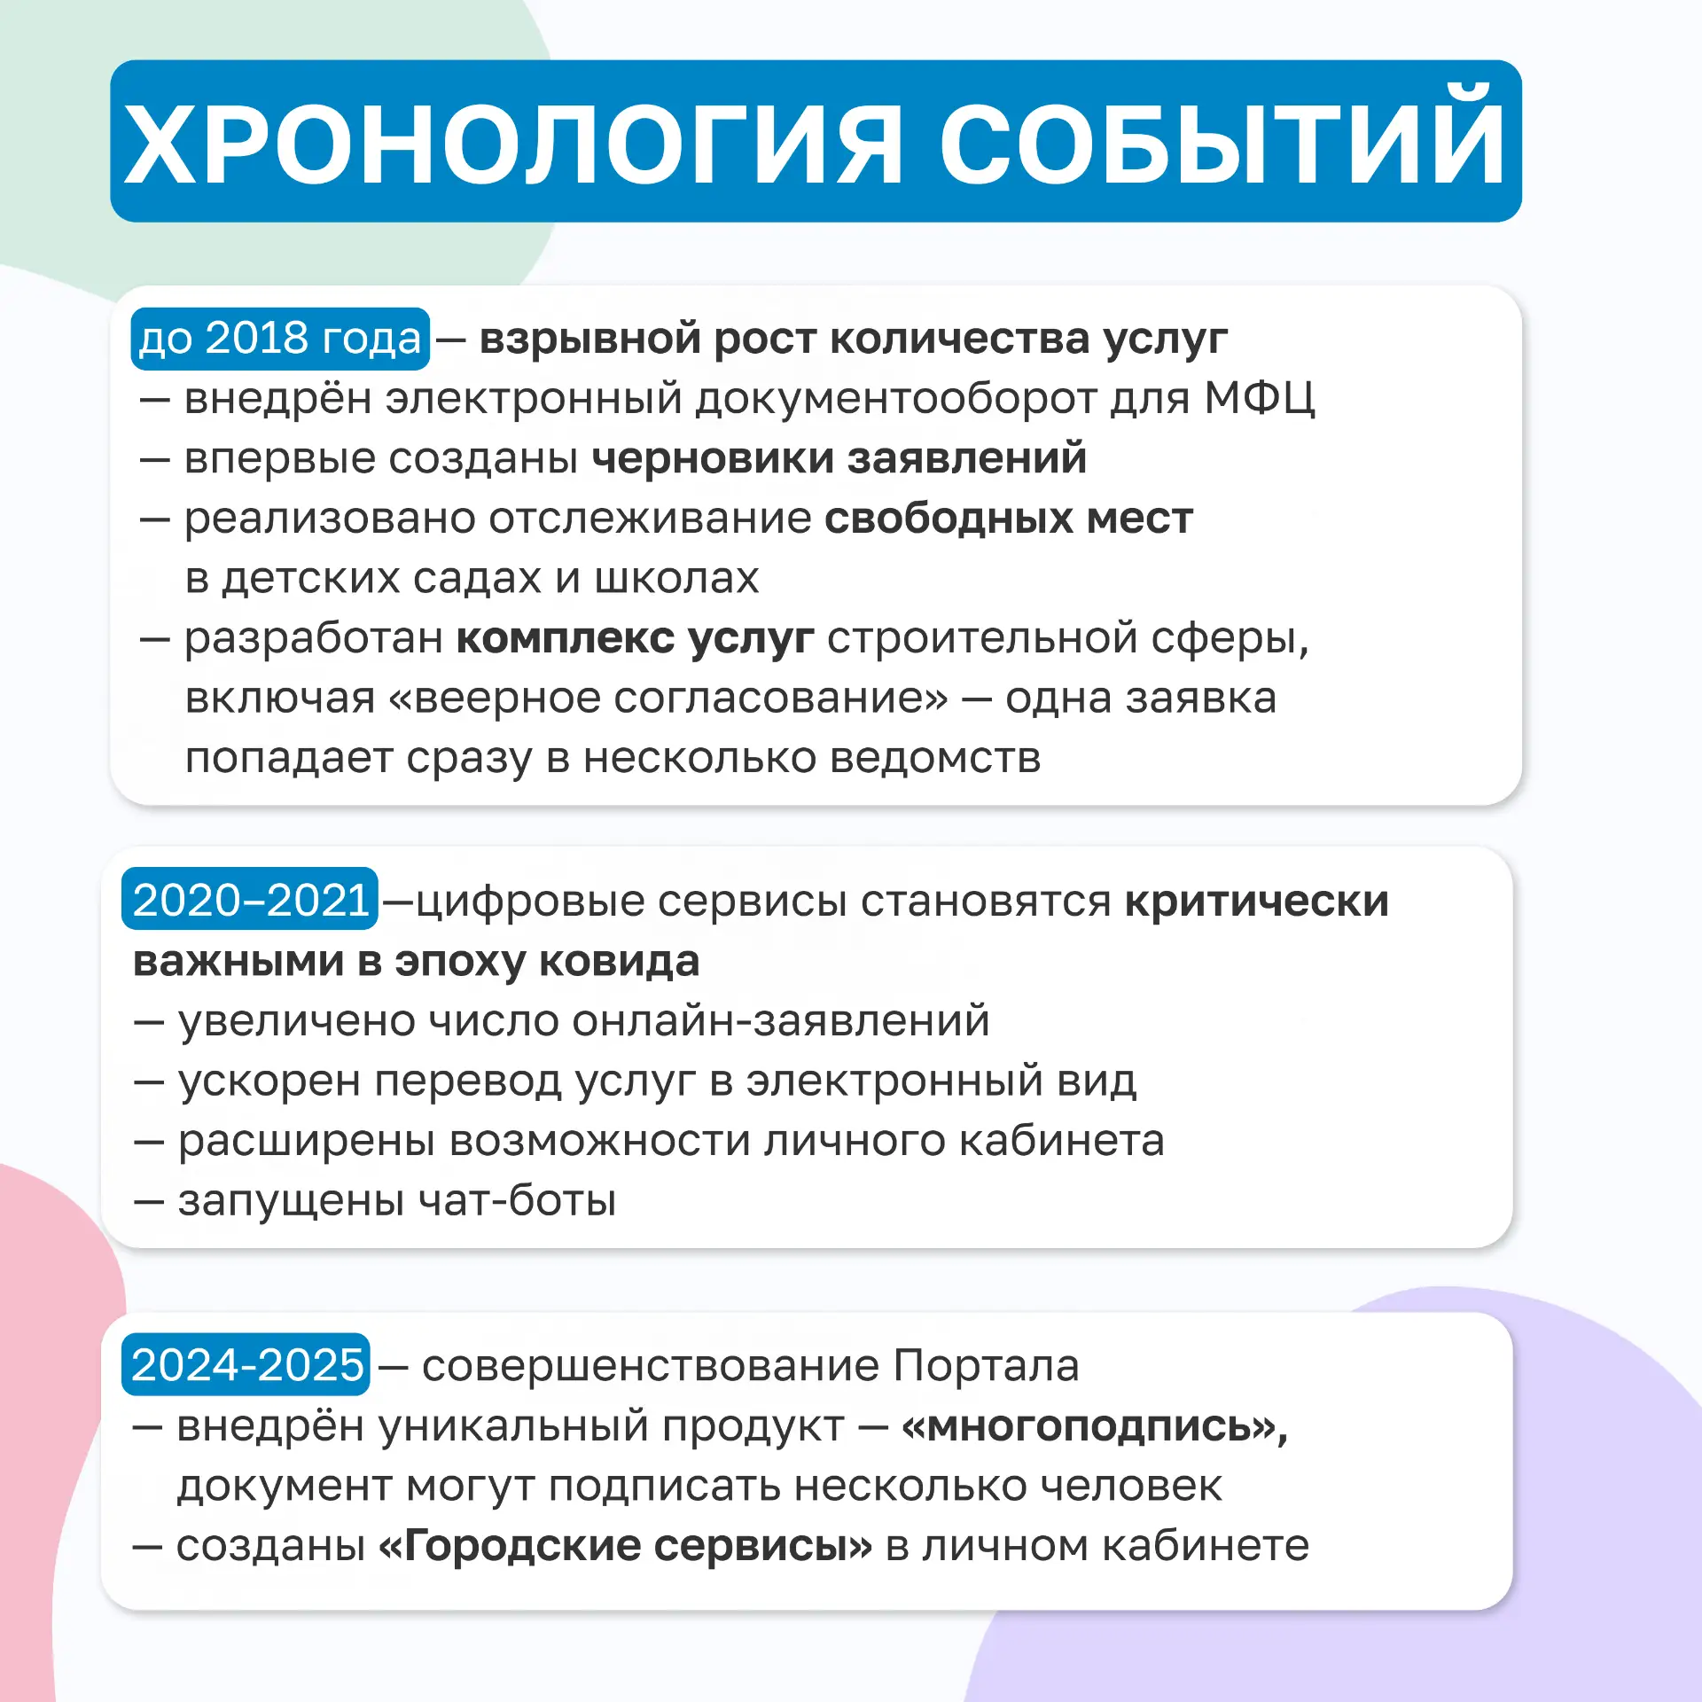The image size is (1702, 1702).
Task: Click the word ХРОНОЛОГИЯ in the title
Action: [513, 143]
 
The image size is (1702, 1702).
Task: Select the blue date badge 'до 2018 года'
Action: [280, 339]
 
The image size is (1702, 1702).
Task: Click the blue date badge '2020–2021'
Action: [250, 899]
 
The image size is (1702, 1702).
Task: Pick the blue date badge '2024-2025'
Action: [246, 1364]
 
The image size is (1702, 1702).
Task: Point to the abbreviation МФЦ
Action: [1259, 400]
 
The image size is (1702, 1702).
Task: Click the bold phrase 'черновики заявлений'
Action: [839, 459]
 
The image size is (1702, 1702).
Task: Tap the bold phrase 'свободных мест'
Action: [1009, 519]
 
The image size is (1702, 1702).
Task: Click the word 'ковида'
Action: [620, 962]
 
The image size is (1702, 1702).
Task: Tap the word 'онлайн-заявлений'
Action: [780, 1021]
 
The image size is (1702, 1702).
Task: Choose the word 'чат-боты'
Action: [517, 1200]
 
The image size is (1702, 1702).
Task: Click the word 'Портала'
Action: [986, 1366]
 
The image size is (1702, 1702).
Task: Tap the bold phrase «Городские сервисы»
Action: [626, 1547]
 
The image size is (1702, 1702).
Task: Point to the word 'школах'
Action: [676, 579]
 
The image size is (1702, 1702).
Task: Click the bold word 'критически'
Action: [1257, 902]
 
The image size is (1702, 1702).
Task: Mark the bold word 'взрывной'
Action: [589, 340]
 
